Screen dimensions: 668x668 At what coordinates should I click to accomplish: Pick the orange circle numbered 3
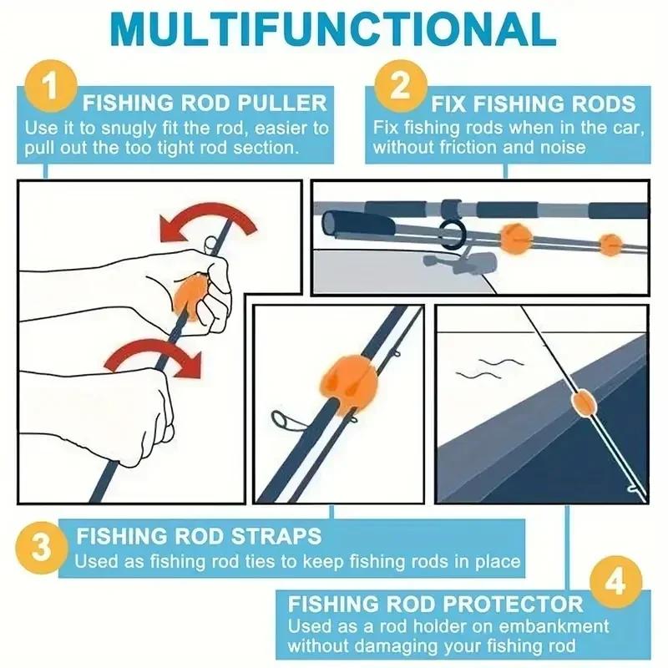click(43, 549)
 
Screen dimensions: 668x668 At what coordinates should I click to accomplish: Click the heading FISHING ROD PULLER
click(205, 104)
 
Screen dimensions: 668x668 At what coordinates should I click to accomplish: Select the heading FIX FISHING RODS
click(533, 104)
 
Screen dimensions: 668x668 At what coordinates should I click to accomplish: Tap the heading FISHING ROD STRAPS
click(199, 535)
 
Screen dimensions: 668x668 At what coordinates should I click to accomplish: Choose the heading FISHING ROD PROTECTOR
click(435, 603)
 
